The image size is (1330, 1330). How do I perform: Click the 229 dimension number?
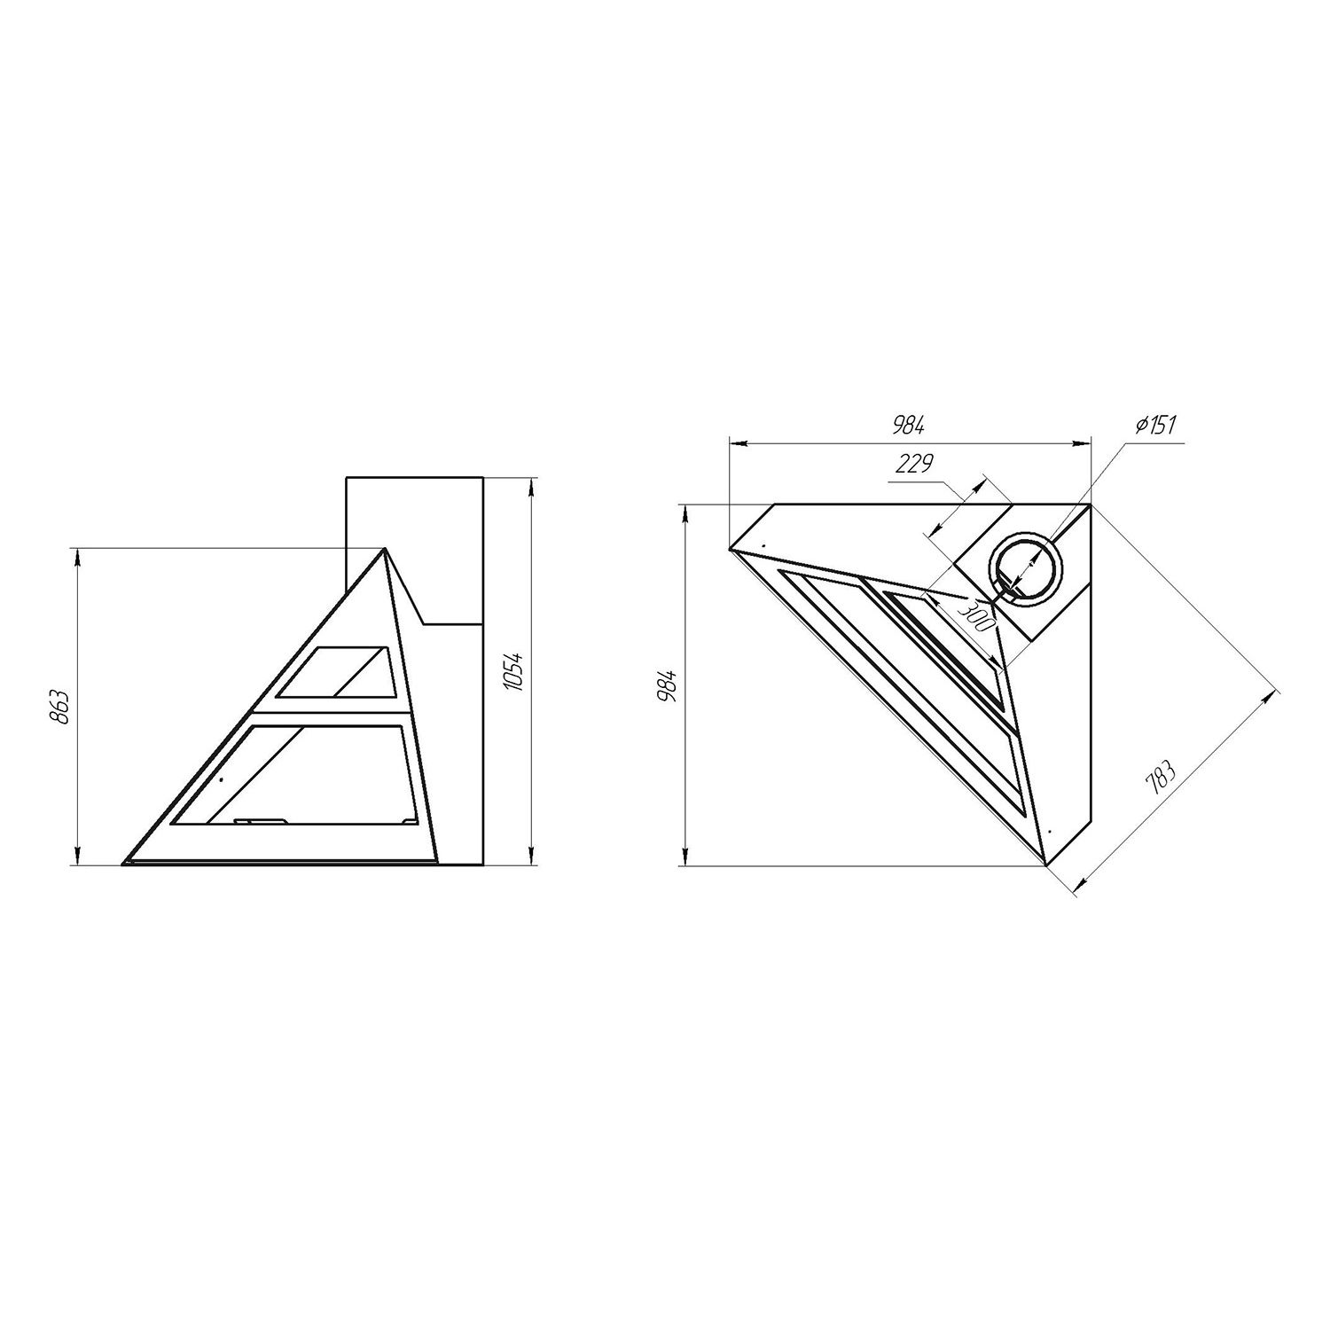coord(914,464)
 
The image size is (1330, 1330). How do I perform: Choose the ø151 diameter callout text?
coord(1154,425)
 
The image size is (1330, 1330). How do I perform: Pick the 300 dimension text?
coord(976,613)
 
